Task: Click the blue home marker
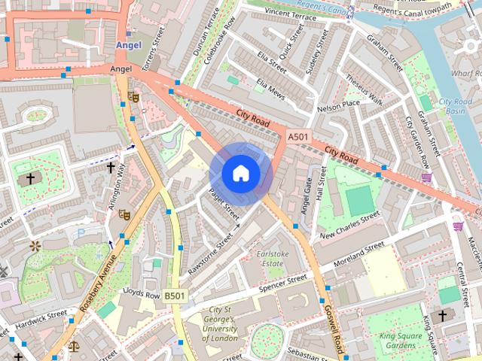click(x=240, y=174)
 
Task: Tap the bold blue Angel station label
click(x=128, y=45)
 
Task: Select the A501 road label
click(x=297, y=137)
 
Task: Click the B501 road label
click(x=175, y=296)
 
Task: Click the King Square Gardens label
click(x=397, y=341)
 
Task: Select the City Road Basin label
click(x=455, y=106)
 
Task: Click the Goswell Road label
click(x=334, y=322)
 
